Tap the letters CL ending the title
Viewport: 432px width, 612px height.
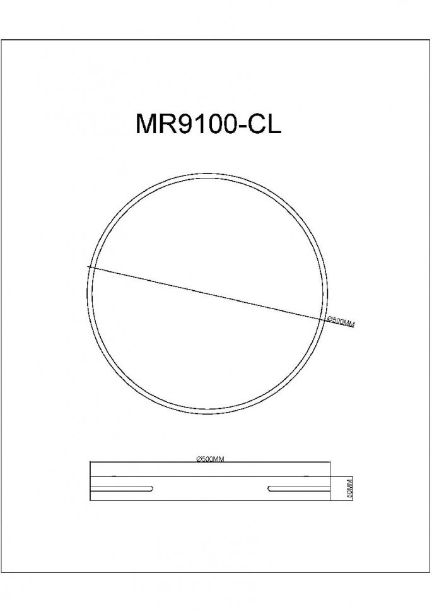pyautogui.click(x=264, y=124)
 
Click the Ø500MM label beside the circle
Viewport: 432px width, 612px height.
pyautogui.click(x=341, y=322)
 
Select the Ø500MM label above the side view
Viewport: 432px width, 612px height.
pyautogui.click(x=211, y=459)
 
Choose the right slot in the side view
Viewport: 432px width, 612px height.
pyautogui.click(x=298, y=488)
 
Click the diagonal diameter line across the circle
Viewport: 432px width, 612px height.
pyautogui.click(x=208, y=294)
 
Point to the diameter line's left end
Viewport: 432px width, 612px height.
pyautogui.click(x=89, y=268)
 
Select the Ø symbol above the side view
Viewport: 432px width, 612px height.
pyautogui.click(x=199, y=459)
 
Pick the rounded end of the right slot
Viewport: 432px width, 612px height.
pyautogui.click(x=270, y=488)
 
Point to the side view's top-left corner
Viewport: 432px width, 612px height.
pyautogui.click(x=90, y=463)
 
